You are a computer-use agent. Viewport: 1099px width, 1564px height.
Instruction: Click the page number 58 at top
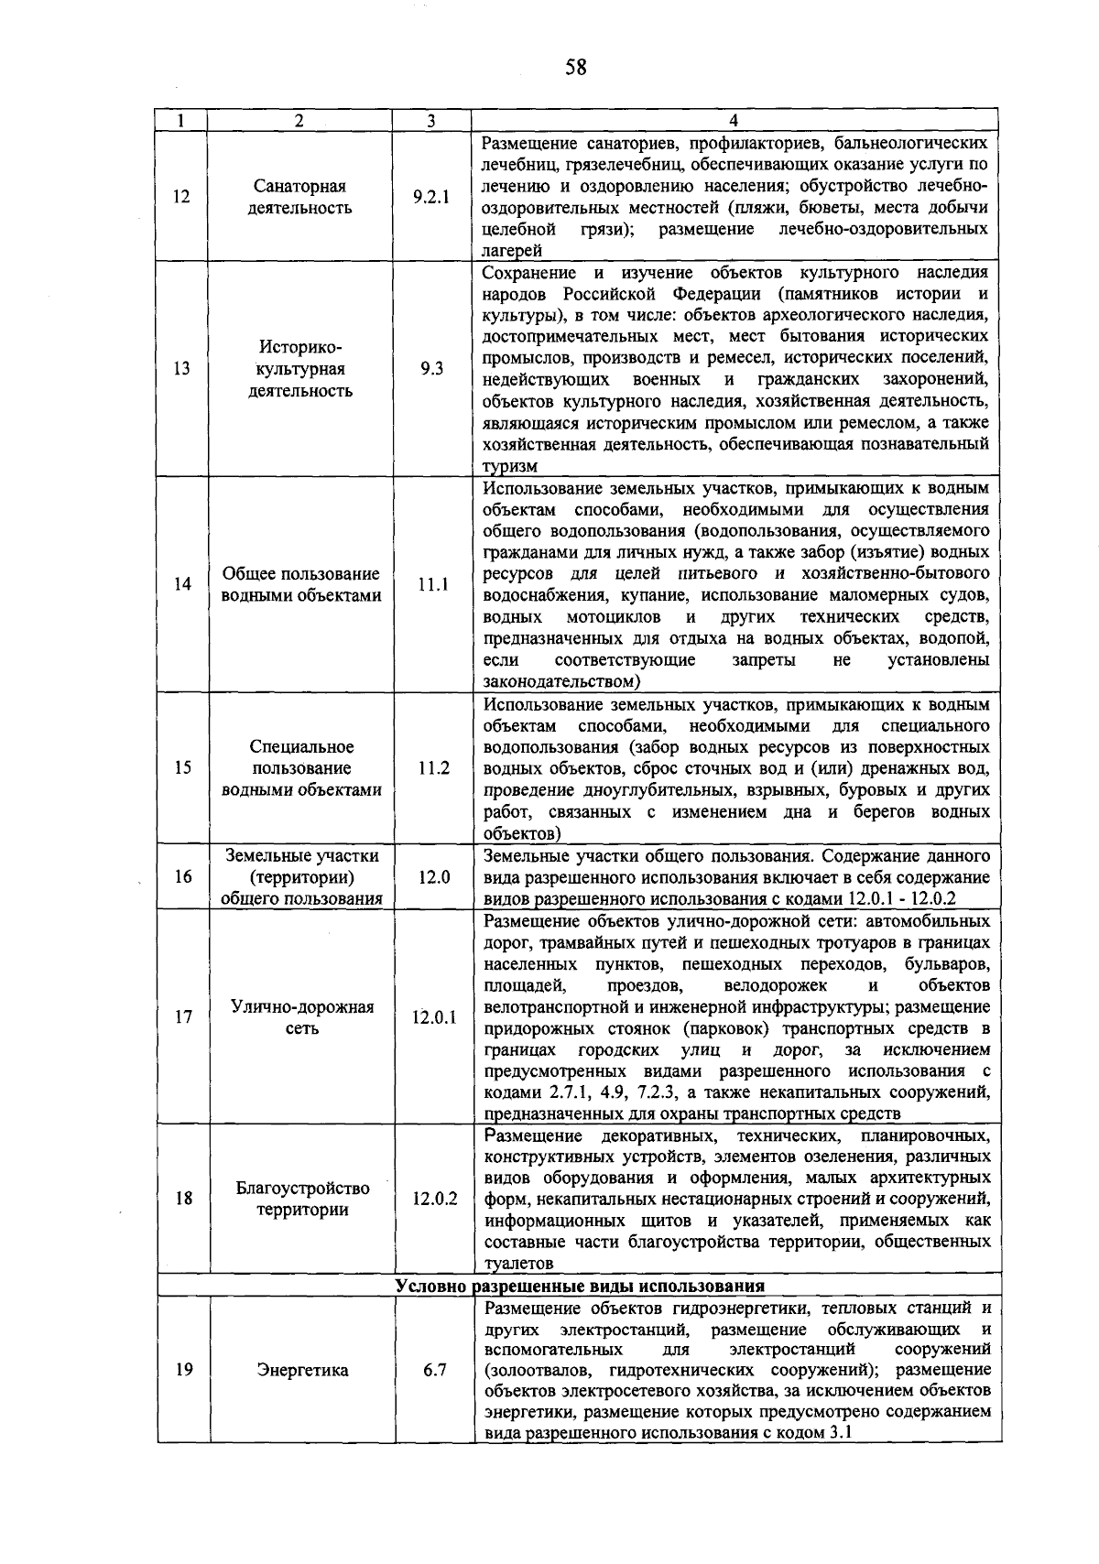click(x=575, y=67)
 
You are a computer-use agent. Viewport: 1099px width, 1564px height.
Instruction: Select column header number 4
click(x=734, y=121)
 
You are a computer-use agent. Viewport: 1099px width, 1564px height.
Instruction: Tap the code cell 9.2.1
click(x=431, y=197)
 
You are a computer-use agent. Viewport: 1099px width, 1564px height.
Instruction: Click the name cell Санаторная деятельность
click(x=300, y=197)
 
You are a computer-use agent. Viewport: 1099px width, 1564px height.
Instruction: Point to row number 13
click(x=182, y=369)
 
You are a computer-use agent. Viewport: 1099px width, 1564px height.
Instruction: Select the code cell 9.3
click(x=431, y=369)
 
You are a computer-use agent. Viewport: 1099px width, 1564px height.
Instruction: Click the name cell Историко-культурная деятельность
click(x=300, y=369)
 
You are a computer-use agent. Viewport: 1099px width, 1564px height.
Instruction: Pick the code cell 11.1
click(x=432, y=584)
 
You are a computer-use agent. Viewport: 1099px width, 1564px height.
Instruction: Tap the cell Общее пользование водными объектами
click(x=301, y=584)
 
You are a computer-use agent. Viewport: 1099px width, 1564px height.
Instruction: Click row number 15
click(x=182, y=767)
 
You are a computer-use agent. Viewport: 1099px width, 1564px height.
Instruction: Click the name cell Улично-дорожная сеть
click(x=302, y=1017)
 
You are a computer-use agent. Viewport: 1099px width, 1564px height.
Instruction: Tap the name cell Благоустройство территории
click(x=302, y=1199)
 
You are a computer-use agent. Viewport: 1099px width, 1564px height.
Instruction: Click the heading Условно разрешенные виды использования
click(x=580, y=1286)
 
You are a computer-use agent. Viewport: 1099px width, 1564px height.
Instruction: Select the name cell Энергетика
click(x=302, y=1371)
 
